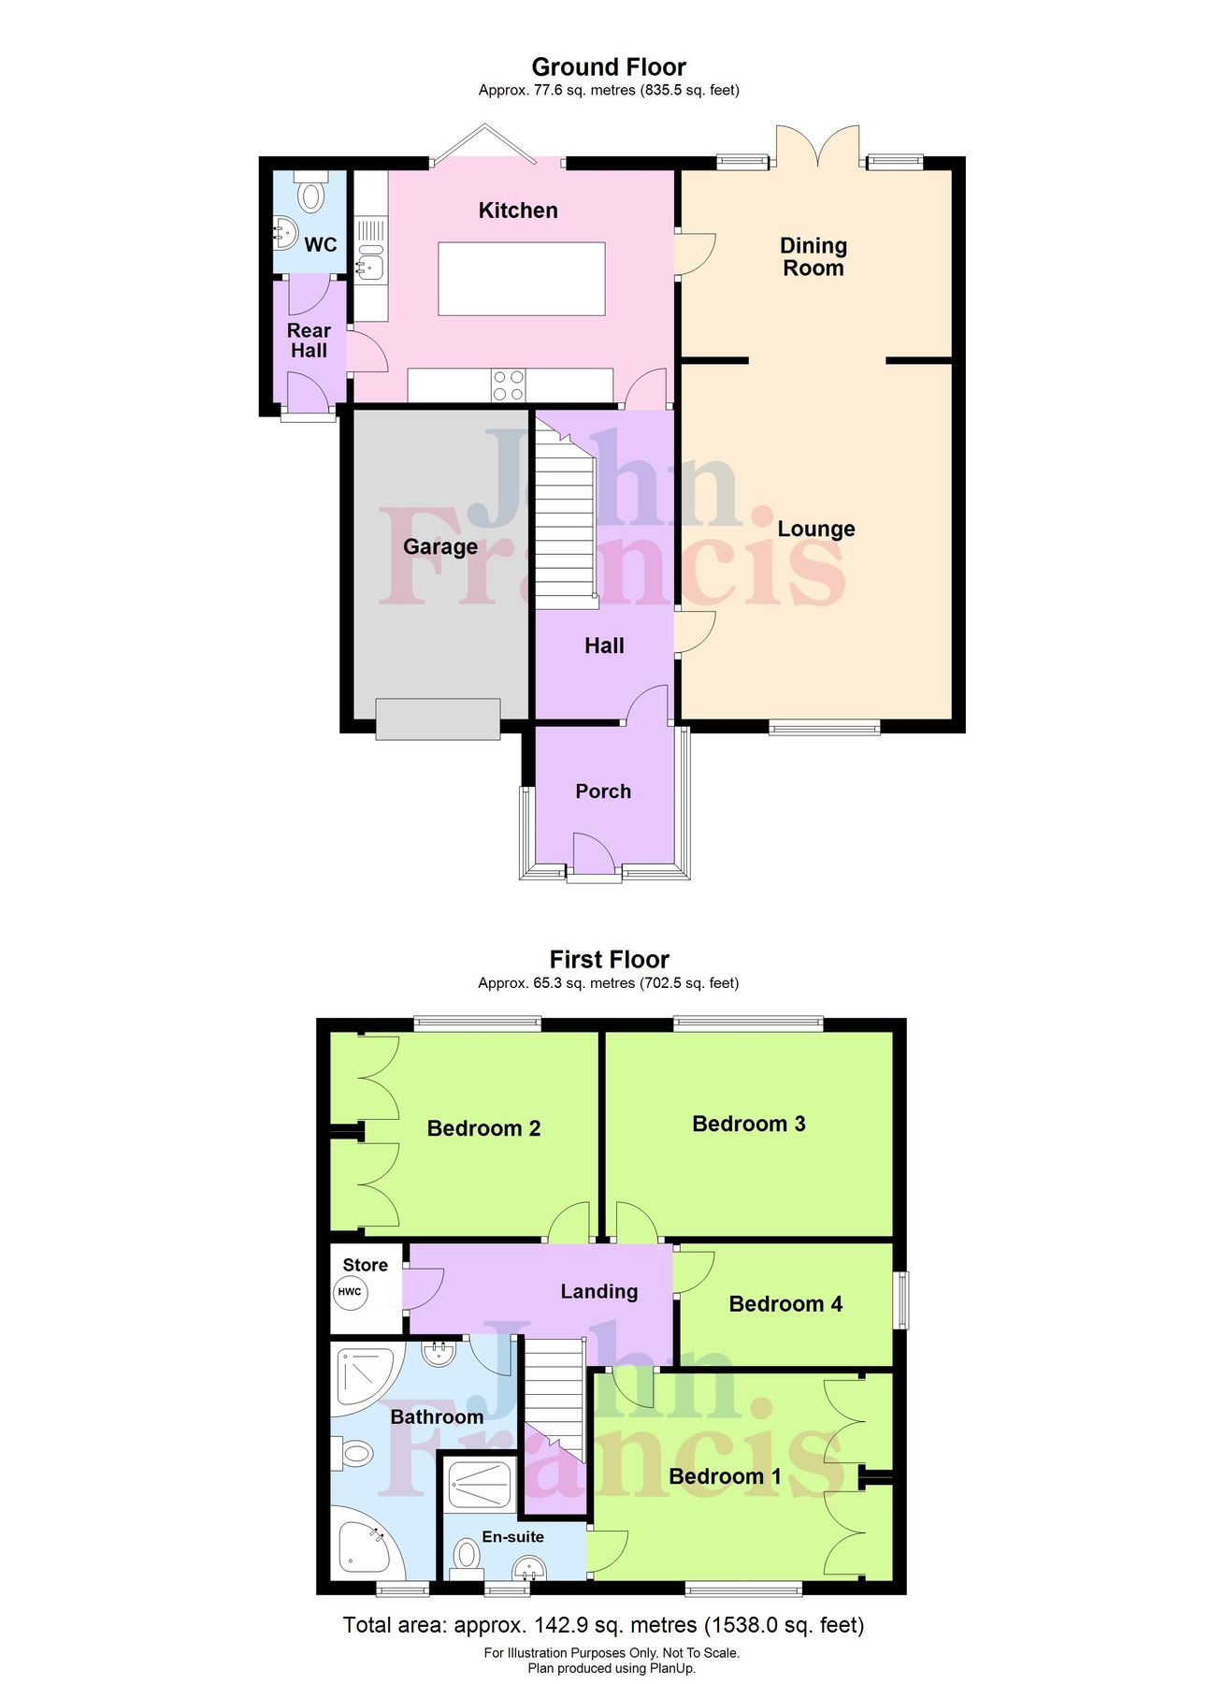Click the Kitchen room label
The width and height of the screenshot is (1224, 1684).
(518, 210)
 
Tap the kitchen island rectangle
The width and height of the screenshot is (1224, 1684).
(521, 279)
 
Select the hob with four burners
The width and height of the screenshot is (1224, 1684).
(509, 385)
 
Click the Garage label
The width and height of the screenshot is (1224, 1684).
(439, 546)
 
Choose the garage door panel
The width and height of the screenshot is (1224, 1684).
(437, 719)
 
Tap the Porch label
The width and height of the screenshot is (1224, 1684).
(603, 791)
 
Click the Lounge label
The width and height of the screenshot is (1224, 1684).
(815, 529)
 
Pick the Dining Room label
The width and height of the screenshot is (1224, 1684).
(814, 256)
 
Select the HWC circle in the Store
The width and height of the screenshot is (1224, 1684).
(350, 1292)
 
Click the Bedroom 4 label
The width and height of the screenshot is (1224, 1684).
(785, 1303)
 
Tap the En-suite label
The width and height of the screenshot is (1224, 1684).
(512, 1536)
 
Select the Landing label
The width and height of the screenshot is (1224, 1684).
(598, 1291)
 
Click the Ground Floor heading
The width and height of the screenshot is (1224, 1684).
(609, 67)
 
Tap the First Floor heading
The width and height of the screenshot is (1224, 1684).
(609, 959)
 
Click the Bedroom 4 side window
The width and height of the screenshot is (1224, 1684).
(900, 1299)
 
